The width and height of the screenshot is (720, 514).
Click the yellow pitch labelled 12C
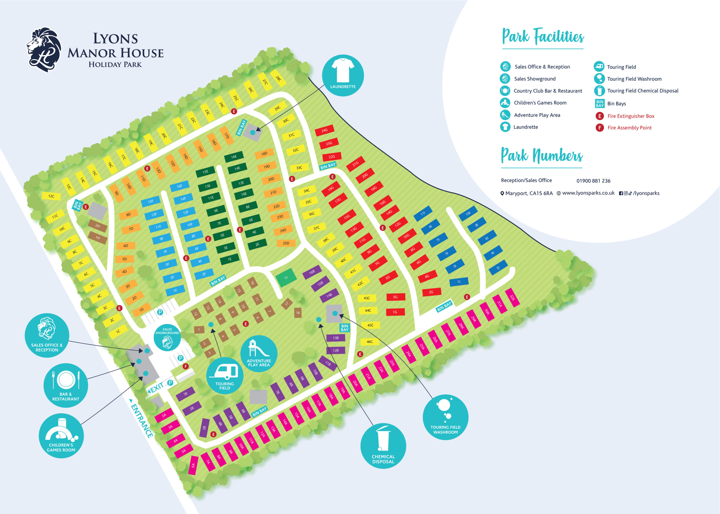[51, 196]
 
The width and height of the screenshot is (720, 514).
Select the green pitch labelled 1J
[286, 278]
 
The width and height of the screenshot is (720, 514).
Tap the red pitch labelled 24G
[324, 130]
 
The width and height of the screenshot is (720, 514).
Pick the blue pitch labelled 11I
[423, 213]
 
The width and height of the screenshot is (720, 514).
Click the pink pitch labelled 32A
[512, 297]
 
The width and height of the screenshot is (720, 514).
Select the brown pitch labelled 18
[298, 312]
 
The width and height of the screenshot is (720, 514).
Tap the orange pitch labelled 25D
[286, 243]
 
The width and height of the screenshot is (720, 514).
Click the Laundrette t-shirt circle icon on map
[343, 75]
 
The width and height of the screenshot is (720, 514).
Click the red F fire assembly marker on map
[186, 366]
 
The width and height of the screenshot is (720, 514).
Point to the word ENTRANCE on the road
[142, 421]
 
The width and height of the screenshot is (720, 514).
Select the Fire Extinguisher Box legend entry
[631, 116]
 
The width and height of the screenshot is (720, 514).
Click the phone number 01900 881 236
[593, 181]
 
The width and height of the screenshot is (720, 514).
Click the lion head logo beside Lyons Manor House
[44, 50]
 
